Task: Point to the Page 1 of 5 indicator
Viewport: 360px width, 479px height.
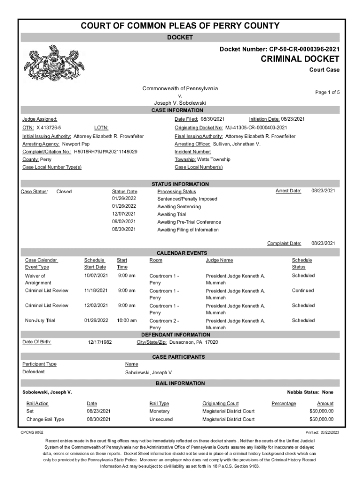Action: [327, 92]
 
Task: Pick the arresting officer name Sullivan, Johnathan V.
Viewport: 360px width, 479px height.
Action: [237, 144]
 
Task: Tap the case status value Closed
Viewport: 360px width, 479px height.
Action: [64, 191]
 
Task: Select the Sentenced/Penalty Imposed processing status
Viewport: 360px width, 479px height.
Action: [187, 199]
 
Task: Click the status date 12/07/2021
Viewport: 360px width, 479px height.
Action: [124, 214]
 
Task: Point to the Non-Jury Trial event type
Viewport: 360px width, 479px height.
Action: [40, 320]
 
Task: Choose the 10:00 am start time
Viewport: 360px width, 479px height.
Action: [127, 320]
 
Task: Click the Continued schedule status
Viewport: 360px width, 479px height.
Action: [303, 290]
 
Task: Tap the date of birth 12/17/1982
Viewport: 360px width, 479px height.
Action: [100, 342]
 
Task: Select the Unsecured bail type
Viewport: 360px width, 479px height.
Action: [161, 419]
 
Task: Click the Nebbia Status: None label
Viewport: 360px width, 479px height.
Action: [310, 392]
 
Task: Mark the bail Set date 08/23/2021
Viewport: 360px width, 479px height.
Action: [99, 411]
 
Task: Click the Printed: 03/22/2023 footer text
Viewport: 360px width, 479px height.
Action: [322, 432]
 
